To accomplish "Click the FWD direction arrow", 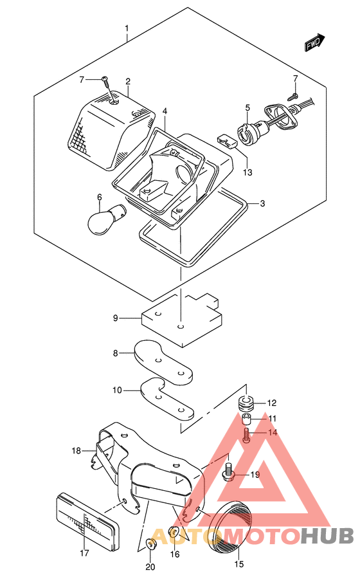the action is tap(315, 42).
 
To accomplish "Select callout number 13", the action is tap(248, 172).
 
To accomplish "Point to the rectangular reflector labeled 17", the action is tap(87, 518).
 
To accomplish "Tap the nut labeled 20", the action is tap(150, 543).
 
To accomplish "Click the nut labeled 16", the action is tap(174, 531).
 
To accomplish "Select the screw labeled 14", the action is tap(246, 435).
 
